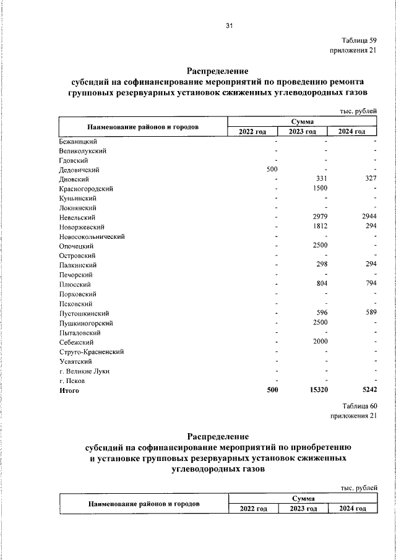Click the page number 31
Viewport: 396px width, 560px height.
click(229, 26)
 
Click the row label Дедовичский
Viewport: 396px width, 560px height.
click(79, 169)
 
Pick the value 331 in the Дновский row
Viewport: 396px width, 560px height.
click(321, 179)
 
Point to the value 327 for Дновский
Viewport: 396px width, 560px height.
click(370, 179)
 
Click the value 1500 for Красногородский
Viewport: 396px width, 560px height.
click(319, 188)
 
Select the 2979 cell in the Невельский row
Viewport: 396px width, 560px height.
click(319, 217)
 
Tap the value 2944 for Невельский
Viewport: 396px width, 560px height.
click(369, 217)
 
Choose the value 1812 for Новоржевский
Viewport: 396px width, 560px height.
click(319, 227)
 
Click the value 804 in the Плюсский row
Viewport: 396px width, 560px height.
click(321, 285)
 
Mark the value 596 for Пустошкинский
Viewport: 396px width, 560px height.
click(321, 313)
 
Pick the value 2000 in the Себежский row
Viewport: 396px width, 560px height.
click(319, 342)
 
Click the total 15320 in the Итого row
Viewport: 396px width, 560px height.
click(317, 390)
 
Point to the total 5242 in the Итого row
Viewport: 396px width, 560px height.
click(368, 390)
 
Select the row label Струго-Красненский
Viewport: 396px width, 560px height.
click(92, 351)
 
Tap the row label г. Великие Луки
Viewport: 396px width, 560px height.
click(84, 371)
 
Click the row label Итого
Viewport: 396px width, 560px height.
click(69, 390)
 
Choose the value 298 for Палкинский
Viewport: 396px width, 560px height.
click(321, 265)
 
